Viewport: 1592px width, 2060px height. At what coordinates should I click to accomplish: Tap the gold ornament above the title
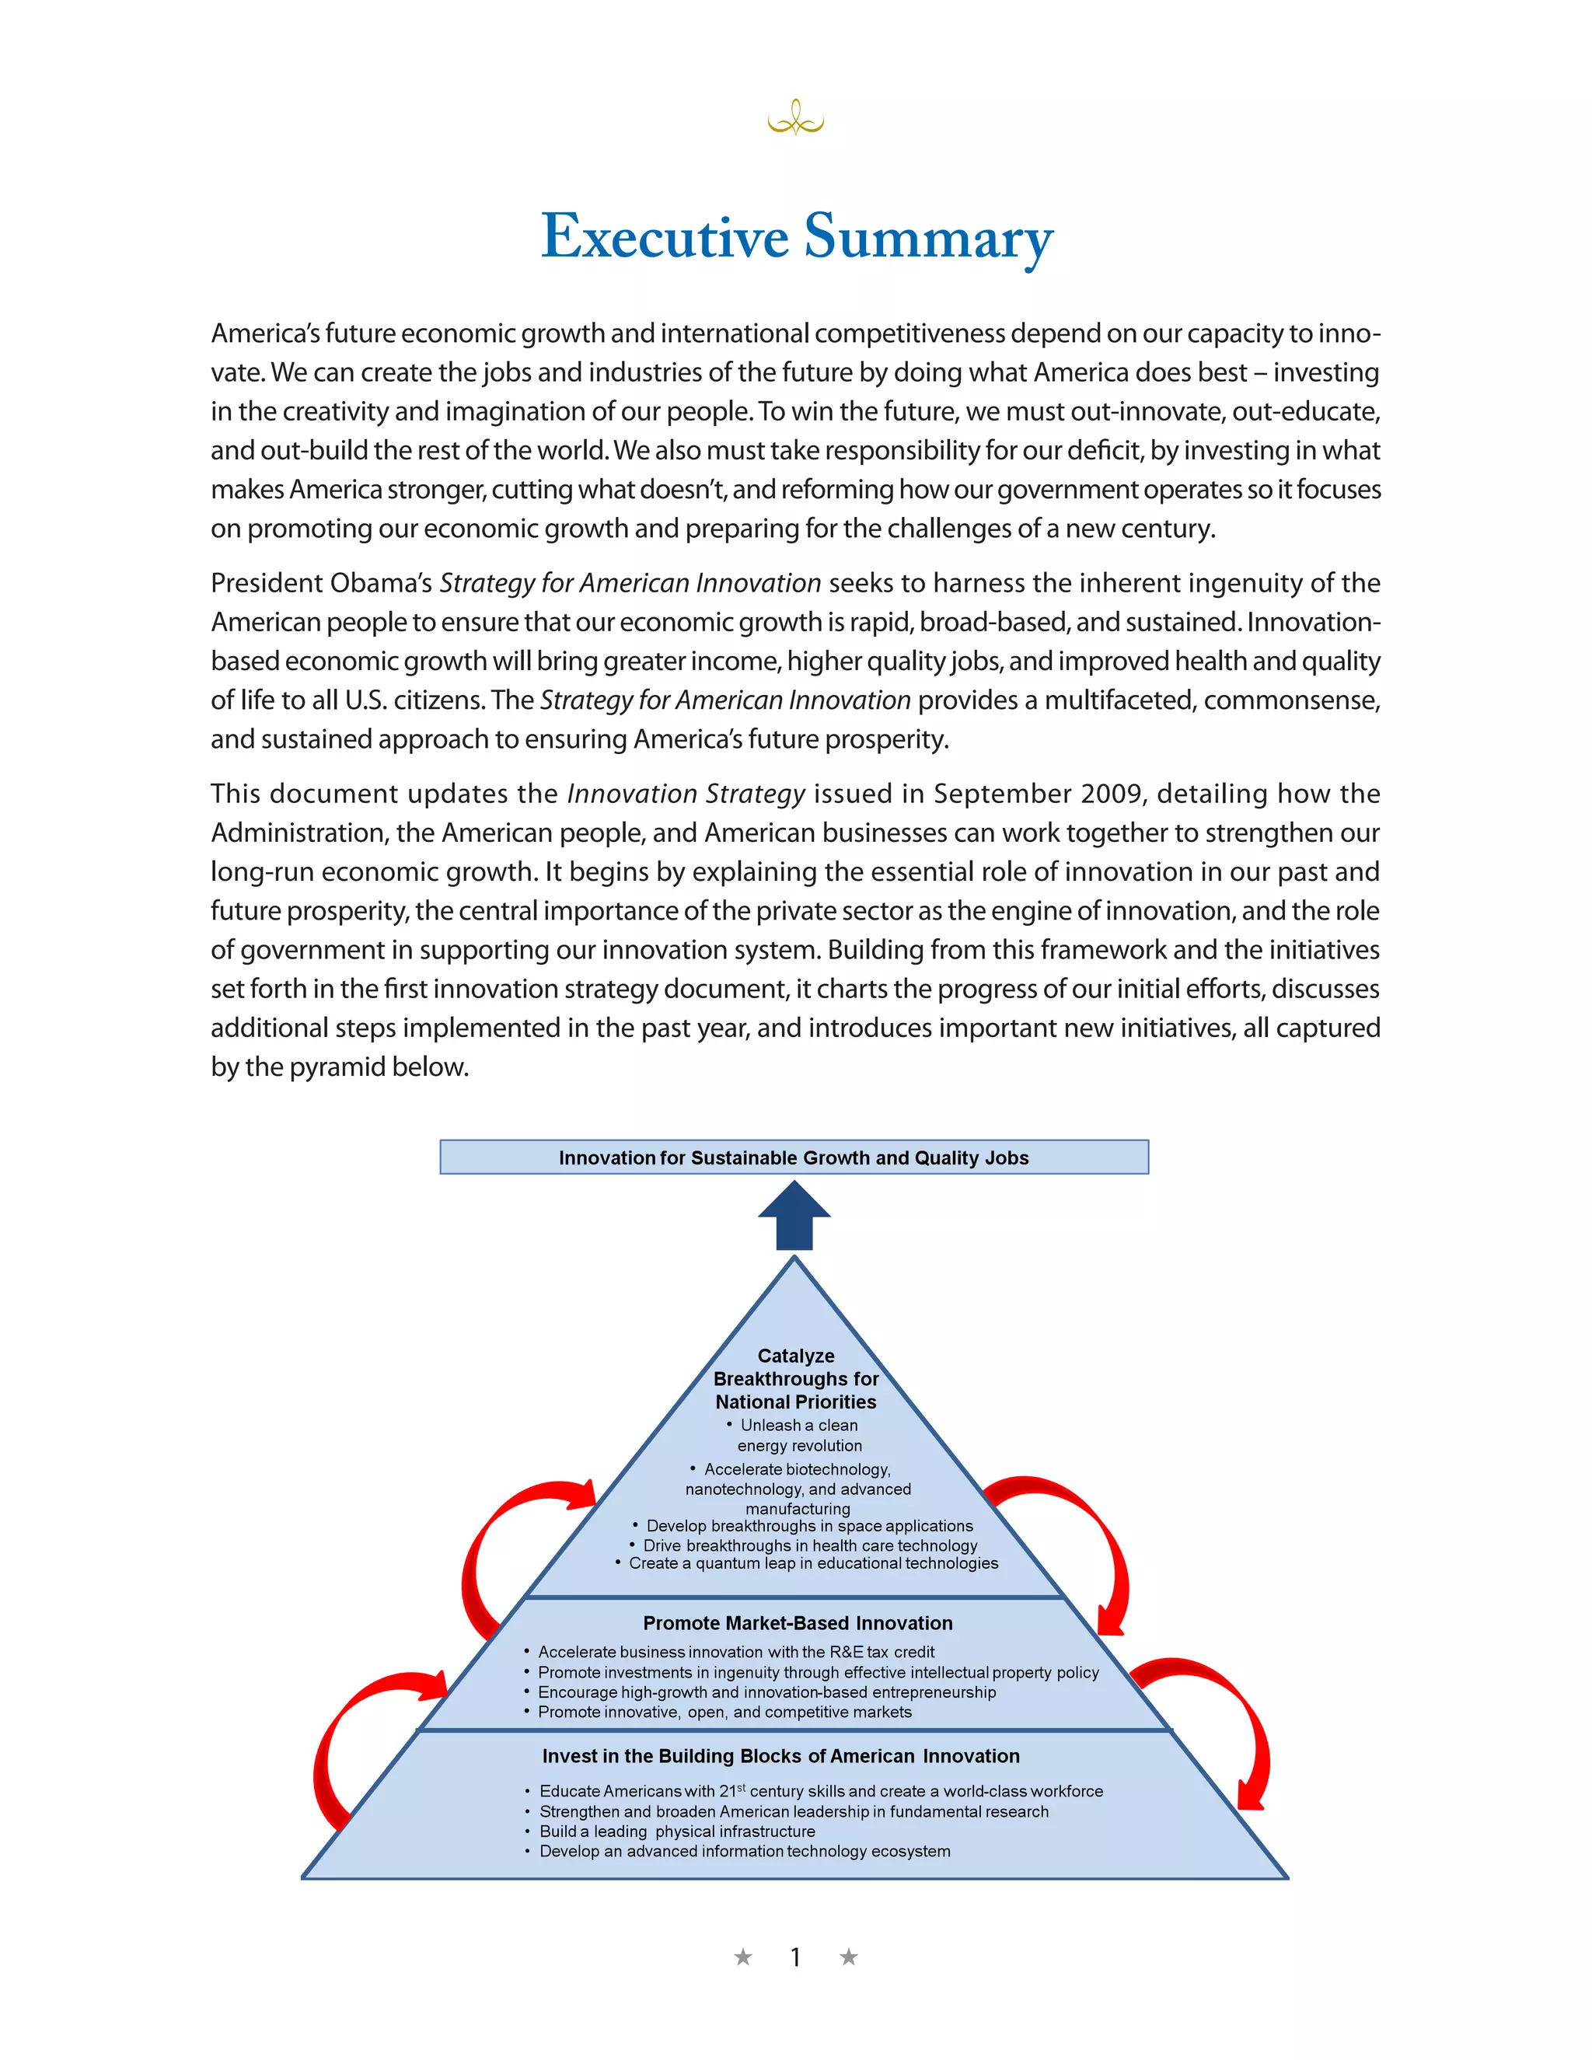coord(795,119)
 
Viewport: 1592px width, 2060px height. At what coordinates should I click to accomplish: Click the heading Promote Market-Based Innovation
coord(797,1622)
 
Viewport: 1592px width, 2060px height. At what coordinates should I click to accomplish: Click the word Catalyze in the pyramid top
coord(795,1356)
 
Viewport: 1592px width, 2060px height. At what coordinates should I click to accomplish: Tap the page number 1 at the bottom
coord(795,1957)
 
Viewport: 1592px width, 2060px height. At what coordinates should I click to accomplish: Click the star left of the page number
coord(743,1957)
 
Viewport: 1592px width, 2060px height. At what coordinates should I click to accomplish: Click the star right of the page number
coord(848,1957)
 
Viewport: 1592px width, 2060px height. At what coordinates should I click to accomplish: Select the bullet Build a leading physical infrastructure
coord(676,1831)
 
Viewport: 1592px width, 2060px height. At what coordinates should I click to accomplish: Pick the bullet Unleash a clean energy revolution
coord(798,1435)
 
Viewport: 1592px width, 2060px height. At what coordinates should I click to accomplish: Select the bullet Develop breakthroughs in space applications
coord(808,1525)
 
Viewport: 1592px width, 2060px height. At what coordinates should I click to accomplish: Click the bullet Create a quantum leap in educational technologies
coord(812,1563)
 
